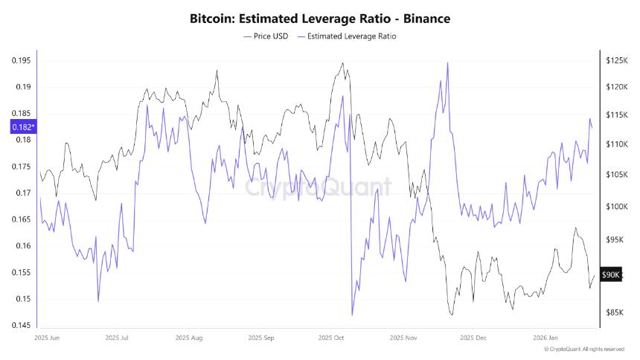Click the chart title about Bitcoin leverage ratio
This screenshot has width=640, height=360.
pos(320,17)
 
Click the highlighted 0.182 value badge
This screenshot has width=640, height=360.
pos(22,127)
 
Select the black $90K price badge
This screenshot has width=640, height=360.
pos(610,274)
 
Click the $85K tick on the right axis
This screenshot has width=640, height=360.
pos(614,312)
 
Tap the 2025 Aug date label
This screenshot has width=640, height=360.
pos(190,338)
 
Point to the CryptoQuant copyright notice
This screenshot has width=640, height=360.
pos(583,349)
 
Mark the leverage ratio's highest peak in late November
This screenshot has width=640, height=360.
pos(447,63)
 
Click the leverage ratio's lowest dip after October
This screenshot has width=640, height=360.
pos(351,315)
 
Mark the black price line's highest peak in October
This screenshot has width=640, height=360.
pos(342,63)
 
